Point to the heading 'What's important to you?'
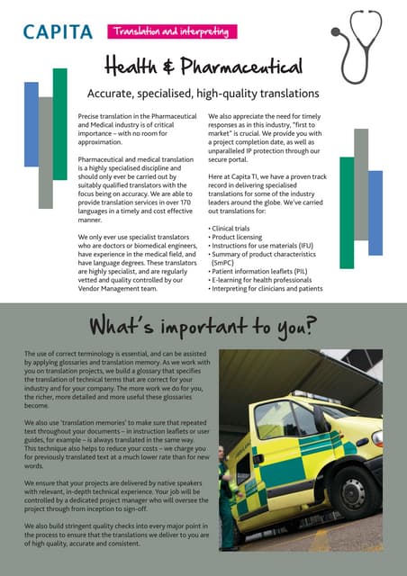tap(203, 325)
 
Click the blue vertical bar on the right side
tap(375, 211)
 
